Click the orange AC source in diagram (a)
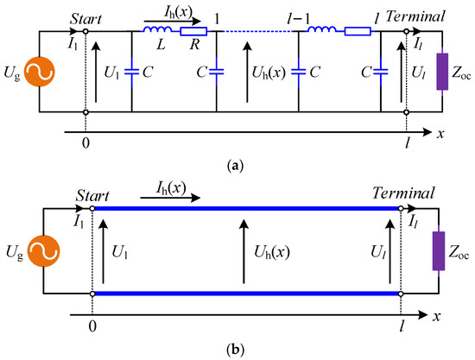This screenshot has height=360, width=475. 40,73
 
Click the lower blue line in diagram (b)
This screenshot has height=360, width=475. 246,294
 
